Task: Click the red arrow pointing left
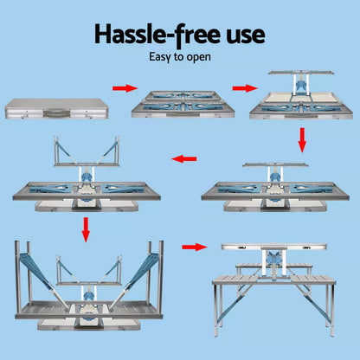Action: tap(184, 159)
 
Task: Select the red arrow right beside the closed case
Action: tap(125, 88)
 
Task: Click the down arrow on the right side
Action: tap(302, 138)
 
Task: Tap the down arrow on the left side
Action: tap(86, 229)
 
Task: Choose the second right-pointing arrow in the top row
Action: tap(245, 88)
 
